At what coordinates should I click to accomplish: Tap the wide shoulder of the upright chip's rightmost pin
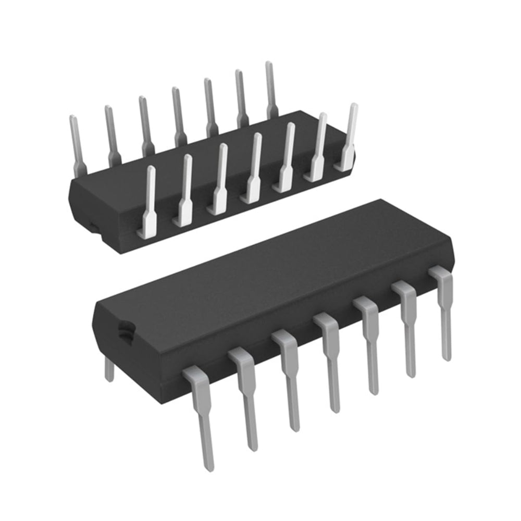[x=441, y=276]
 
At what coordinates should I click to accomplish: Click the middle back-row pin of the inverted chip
[x=178, y=115]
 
